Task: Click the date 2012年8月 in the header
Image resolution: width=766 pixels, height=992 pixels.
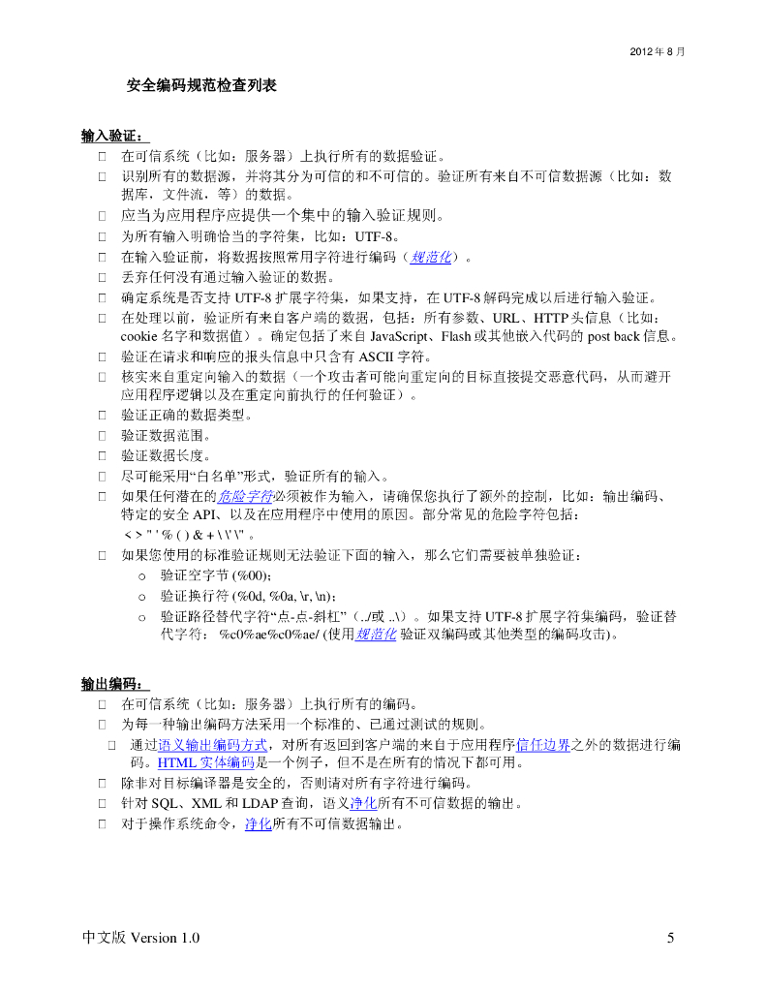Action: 658,50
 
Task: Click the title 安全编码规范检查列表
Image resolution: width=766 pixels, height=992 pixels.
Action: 201,86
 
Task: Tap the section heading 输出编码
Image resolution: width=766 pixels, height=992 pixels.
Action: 114,684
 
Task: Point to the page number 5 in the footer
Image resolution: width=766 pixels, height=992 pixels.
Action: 670,938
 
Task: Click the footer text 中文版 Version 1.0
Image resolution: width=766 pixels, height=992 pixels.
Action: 141,938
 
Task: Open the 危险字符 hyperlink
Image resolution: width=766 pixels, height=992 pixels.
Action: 245,496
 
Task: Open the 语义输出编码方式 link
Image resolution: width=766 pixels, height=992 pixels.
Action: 212,744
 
